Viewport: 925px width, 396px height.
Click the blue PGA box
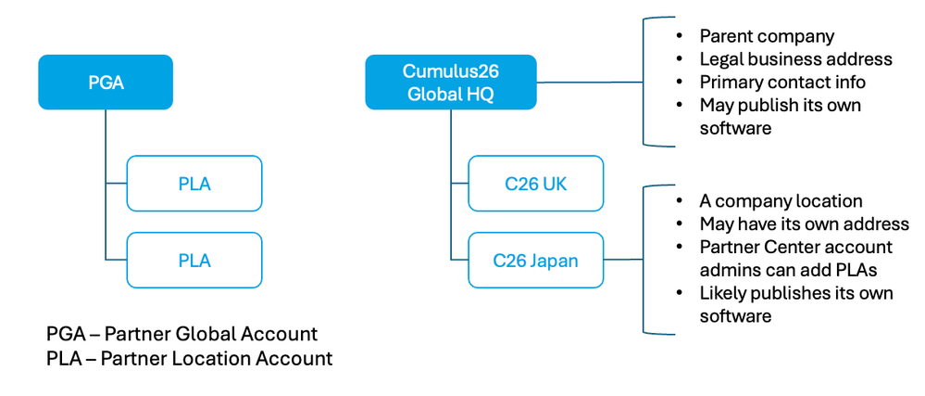106,83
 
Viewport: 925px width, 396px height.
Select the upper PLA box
194,184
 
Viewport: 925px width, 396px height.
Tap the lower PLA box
194,261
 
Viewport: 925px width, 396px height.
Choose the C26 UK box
535,184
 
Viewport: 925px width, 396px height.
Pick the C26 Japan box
535,261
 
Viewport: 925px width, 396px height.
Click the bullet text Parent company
767,37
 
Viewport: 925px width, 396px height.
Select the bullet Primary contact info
782,83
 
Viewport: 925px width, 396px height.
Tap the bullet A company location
781,201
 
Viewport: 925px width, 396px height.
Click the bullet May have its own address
804,224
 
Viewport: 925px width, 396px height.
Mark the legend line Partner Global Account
181,334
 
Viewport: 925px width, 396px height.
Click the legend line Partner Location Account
189,358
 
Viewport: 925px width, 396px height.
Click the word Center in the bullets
796,247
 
